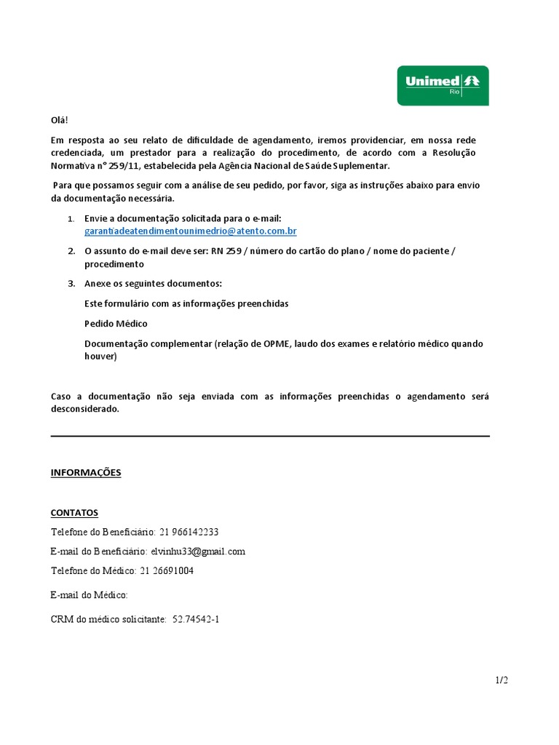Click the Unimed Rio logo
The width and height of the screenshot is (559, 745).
(443, 85)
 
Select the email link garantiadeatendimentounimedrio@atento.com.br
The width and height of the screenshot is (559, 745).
(191, 231)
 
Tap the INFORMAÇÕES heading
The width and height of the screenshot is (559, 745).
(86, 473)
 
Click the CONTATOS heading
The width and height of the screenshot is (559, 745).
(74, 513)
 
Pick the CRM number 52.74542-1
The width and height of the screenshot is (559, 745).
(196, 619)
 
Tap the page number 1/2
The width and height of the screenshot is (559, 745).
(501, 681)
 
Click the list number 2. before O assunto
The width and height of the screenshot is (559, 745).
(71, 251)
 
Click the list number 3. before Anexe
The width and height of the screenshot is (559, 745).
(71, 283)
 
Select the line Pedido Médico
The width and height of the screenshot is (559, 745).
(116, 324)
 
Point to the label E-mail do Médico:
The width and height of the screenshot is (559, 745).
(89, 595)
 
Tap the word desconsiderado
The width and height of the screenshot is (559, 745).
(84, 409)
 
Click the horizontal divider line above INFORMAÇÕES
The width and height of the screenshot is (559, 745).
(270, 436)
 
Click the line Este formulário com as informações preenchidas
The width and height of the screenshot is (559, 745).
(186, 303)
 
